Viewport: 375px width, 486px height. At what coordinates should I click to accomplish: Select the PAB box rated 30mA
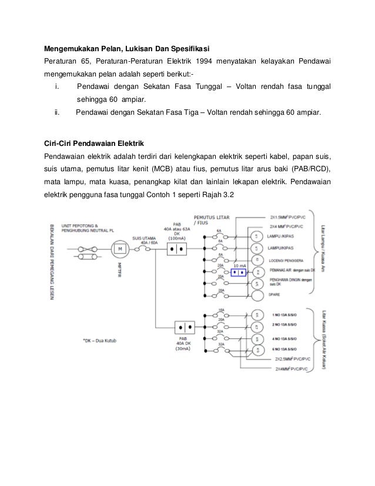coord(185,327)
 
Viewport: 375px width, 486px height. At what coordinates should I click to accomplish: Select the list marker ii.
coord(56,111)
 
